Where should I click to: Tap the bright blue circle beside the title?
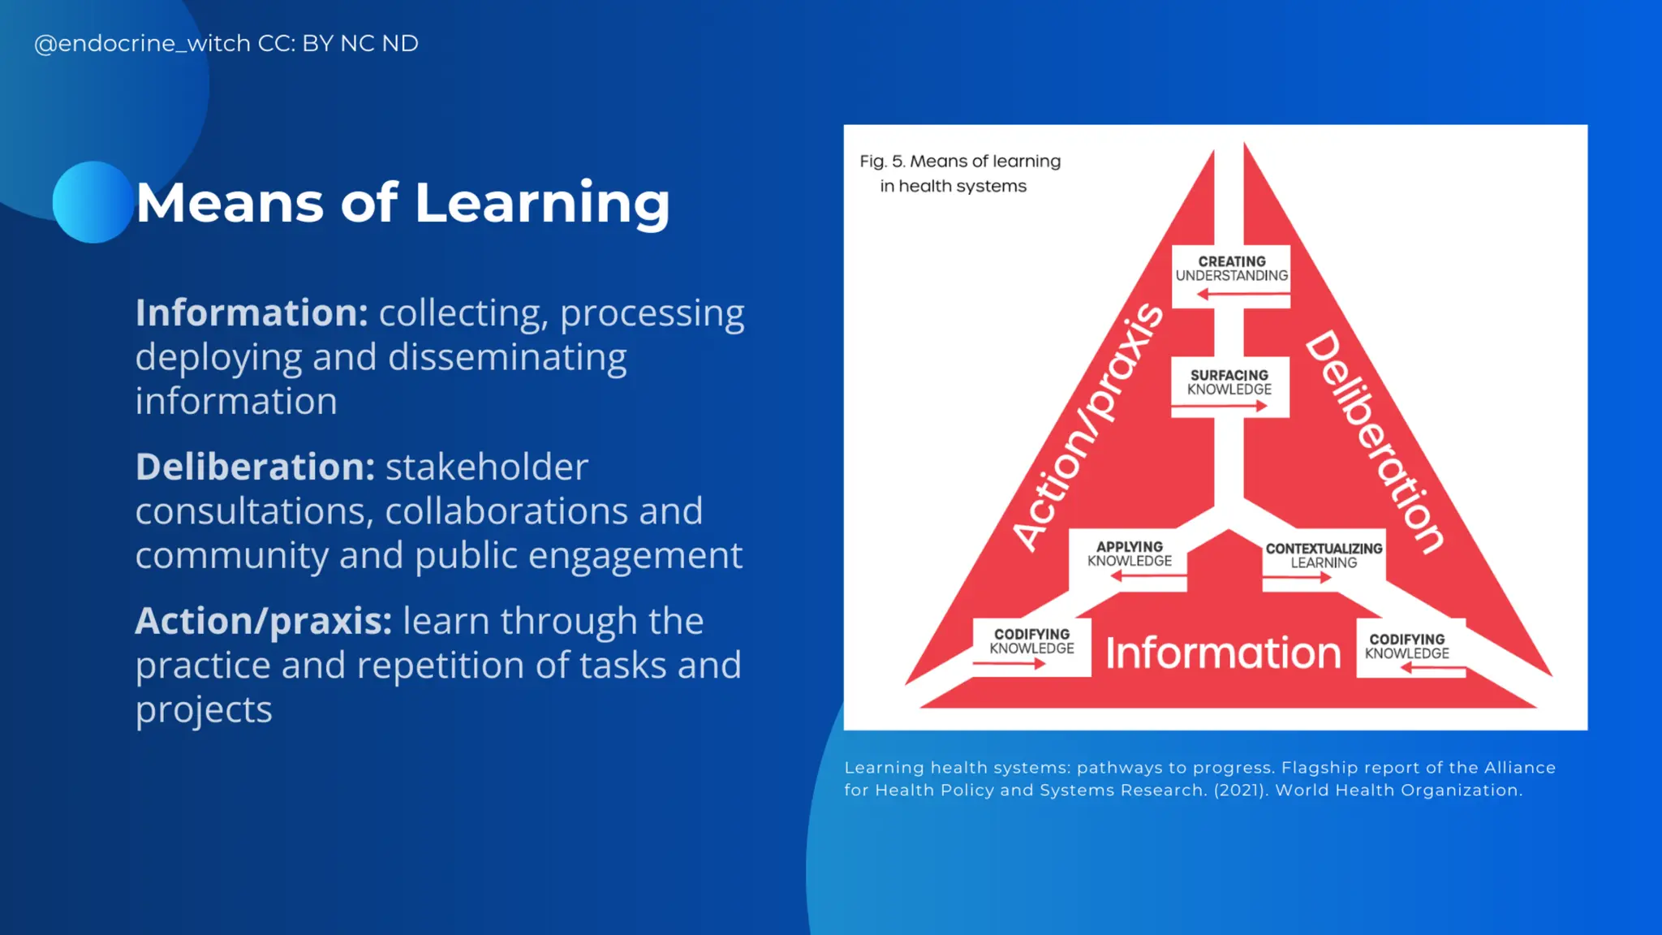[93, 202]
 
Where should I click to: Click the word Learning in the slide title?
[542, 203]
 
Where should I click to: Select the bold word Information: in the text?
[252, 313]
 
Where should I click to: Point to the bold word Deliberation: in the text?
[255, 467]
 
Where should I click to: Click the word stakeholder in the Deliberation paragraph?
[486, 467]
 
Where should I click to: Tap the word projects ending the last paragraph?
[204, 710]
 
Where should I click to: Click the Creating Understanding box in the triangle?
[1231, 274]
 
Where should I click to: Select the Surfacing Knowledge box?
[1229, 386]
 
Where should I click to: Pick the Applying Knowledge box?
[1129, 558]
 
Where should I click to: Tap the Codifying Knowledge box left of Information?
[1031, 646]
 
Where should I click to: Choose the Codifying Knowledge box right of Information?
[1407, 650]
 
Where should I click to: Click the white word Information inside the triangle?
[1223, 653]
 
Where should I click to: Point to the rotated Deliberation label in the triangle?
[1376, 442]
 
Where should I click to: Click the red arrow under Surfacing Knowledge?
[1219, 407]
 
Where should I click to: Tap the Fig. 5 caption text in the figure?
[960, 174]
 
